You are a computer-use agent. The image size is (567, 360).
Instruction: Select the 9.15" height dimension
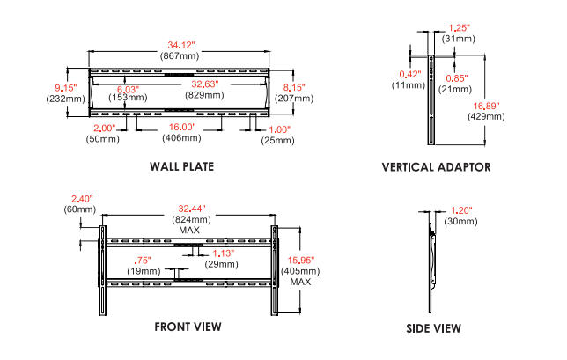click(65, 87)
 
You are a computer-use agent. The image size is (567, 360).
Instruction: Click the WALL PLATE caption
click(181, 166)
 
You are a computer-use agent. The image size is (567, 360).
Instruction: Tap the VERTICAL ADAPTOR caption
click(436, 166)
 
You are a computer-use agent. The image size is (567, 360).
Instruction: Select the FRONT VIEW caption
click(188, 327)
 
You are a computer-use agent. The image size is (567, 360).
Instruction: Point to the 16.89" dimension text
click(486, 106)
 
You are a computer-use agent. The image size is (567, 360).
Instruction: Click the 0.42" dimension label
click(410, 74)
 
